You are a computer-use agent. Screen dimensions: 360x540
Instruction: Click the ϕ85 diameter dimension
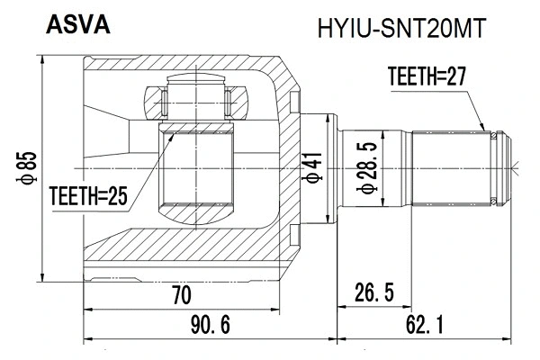30,167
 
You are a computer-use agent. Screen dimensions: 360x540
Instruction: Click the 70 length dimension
181,292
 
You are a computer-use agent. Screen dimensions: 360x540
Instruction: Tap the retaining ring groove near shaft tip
495,167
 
